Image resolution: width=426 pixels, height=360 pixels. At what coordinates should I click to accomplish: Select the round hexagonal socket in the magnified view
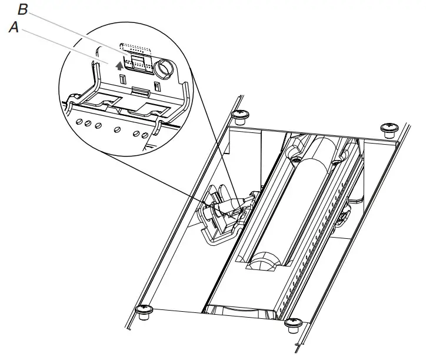tap(166, 69)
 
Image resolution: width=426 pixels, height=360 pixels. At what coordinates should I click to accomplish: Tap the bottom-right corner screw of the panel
tap(292, 324)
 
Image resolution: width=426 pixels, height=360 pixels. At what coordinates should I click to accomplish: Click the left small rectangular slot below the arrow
tap(122, 79)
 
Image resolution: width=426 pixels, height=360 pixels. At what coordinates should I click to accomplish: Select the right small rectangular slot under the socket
tap(156, 86)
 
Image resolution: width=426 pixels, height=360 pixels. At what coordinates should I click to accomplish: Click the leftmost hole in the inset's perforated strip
tap(79, 122)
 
